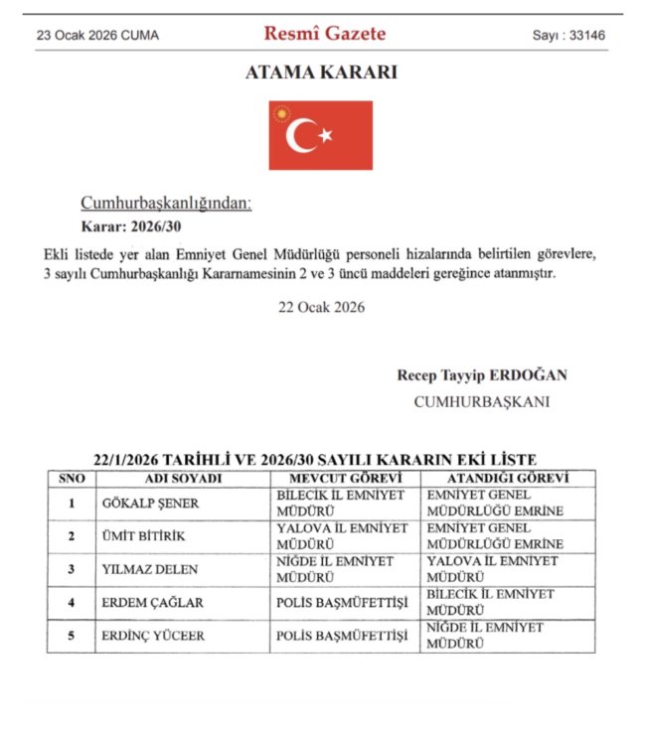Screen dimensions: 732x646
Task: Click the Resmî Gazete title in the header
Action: pyautogui.click(x=324, y=34)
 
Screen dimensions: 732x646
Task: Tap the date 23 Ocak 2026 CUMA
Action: pyautogui.click(x=97, y=36)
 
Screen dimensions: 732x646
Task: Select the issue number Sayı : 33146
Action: pyautogui.click(x=569, y=36)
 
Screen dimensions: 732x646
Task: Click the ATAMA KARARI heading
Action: pyautogui.click(x=321, y=73)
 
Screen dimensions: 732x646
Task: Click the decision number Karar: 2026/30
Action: pyautogui.click(x=127, y=227)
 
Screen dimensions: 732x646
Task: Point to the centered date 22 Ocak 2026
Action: pyautogui.click(x=322, y=307)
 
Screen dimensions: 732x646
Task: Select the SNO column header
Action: pyautogui.click(x=73, y=478)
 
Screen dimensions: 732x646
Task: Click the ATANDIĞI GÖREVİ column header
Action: pyautogui.click(x=497, y=478)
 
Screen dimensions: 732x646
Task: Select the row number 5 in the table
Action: pyautogui.click(x=72, y=636)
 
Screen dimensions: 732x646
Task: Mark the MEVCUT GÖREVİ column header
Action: pyautogui.click(x=345, y=478)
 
